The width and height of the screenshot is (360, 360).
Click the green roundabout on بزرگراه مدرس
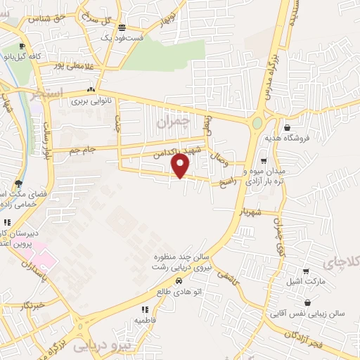257,123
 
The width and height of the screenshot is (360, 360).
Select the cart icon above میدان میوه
263,160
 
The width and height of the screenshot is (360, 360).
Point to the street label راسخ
229,181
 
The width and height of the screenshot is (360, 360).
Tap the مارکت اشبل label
304,282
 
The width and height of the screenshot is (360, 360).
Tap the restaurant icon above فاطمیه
145,309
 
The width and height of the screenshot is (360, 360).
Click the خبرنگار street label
32,304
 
